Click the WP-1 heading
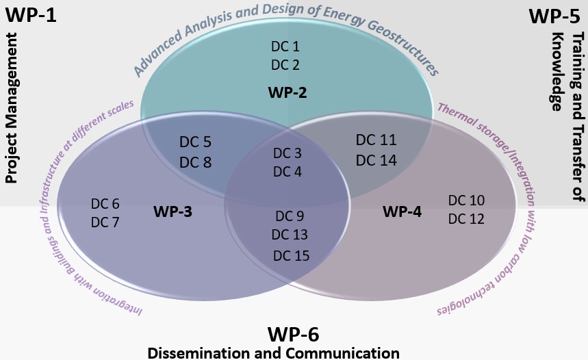click(31, 14)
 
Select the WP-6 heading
click(293, 334)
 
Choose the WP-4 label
click(402, 211)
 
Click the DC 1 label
click(285, 47)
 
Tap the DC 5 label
click(195, 142)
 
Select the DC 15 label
click(291, 255)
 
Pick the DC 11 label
click(376, 140)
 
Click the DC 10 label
click(466, 201)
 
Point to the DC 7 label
click(105, 222)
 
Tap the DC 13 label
click(289, 235)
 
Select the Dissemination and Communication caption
click(273, 352)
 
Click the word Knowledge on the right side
click(557, 70)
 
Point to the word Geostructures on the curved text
click(400, 51)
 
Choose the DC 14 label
click(376, 160)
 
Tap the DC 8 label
click(195, 162)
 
